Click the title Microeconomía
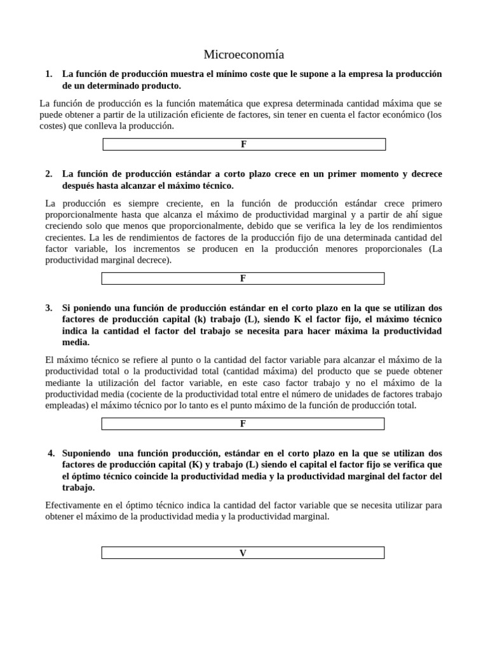(x=244, y=54)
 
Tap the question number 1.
(x=49, y=74)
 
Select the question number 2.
(x=49, y=174)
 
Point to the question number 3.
(x=49, y=308)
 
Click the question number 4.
(x=51, y=453)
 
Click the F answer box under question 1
(x=244, y=144)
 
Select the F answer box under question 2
(x=243, y=278)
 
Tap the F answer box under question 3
(x=243, y=423)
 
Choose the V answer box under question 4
(x=243, y=553)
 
